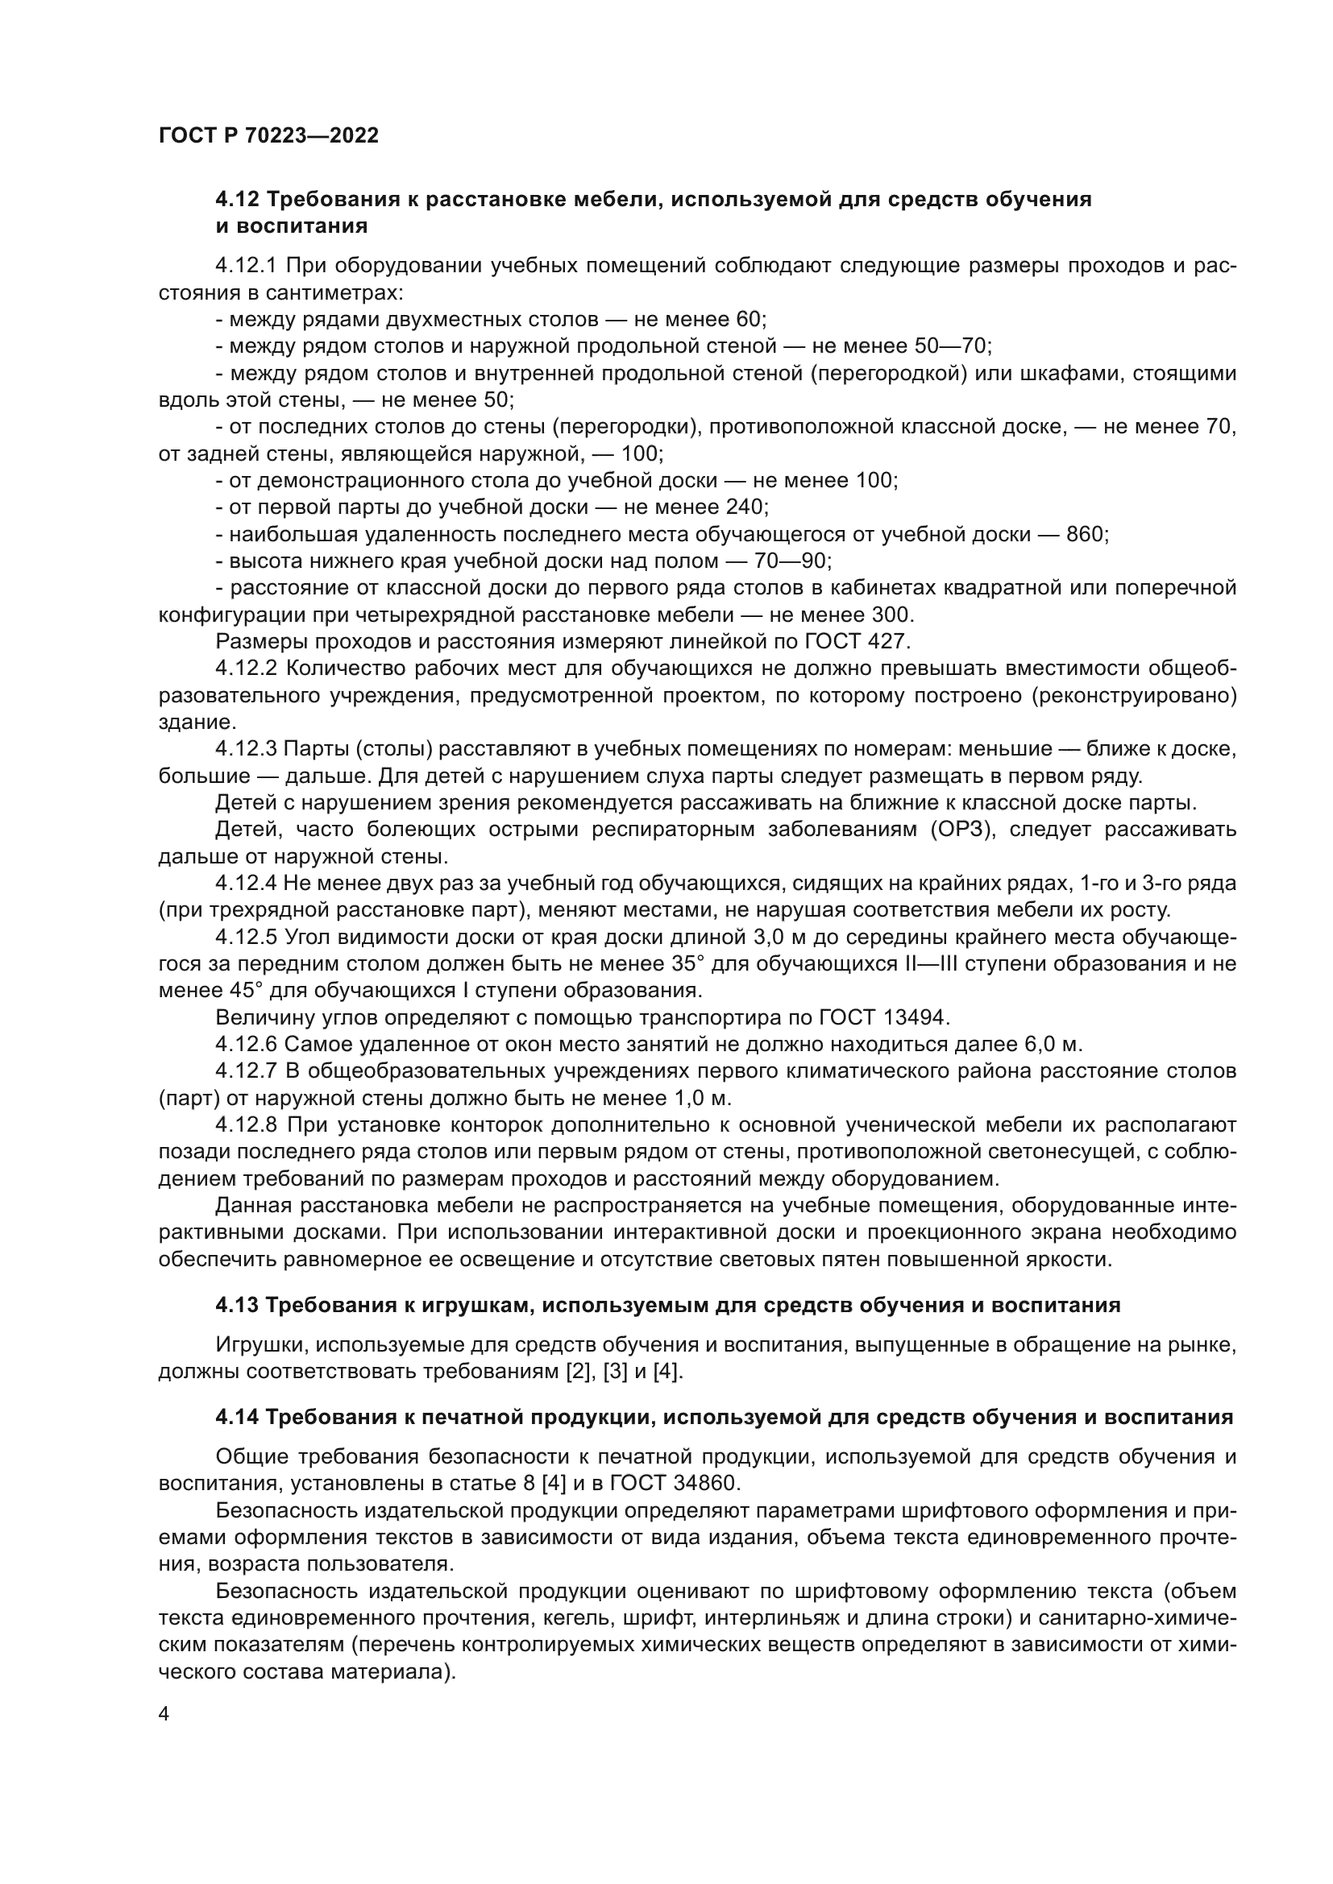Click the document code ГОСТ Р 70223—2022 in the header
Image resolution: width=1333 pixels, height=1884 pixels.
(268, 136)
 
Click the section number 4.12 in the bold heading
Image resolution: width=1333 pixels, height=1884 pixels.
(237, 200)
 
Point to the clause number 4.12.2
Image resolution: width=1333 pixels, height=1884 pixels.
(247, 669)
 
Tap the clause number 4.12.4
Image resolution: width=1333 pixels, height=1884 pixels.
(247, 884)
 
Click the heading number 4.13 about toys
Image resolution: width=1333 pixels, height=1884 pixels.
(237, 1306)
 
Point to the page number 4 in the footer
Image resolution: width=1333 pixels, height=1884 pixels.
(164, 1715)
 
